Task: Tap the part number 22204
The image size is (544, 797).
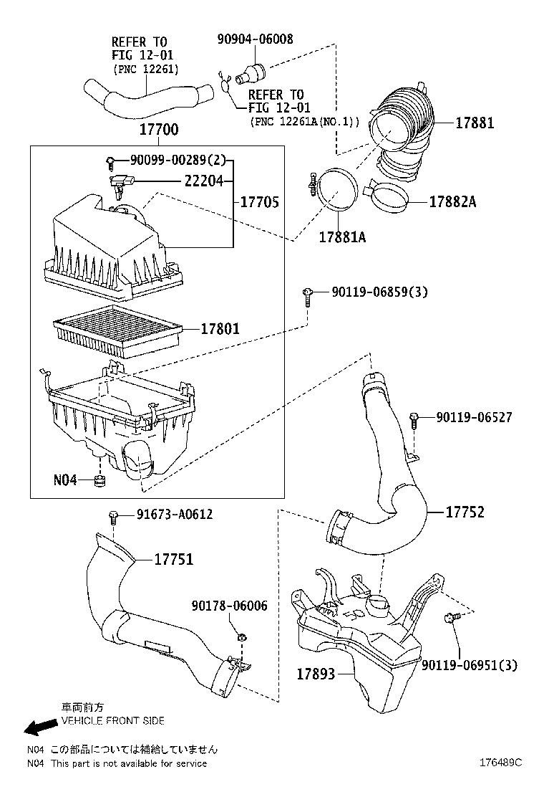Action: coord(205,182)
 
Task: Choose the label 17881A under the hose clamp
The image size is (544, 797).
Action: coord(342,236)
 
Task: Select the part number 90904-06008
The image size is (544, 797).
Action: coord(255,39)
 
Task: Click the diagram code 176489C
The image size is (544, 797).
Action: coord(500,763)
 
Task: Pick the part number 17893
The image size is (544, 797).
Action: coord(317,674)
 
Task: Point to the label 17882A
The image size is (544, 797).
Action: coord(452,201)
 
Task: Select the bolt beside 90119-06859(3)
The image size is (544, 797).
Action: coord(307,295)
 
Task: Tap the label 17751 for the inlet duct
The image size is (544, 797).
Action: coord(173,560)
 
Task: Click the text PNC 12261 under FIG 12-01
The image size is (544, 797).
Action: coord(146,69)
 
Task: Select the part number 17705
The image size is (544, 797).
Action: coord(259,203)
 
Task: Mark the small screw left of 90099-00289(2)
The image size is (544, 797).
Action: coord(110,161)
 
